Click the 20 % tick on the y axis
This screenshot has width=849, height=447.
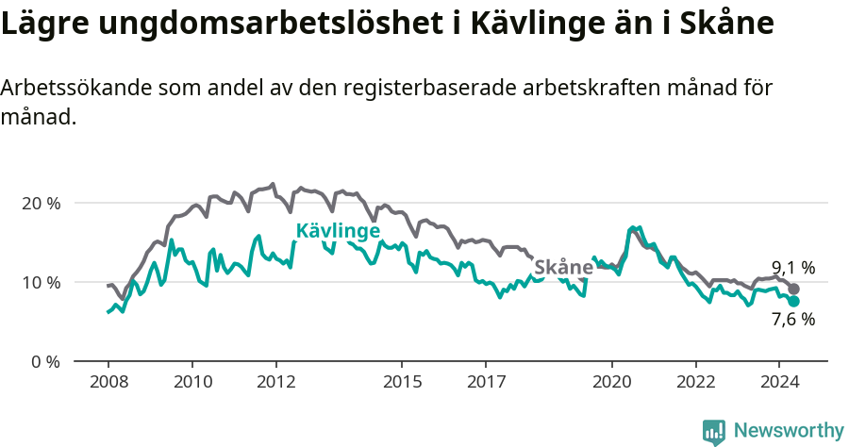click(x=40, y=203)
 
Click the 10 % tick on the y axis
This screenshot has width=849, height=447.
click(x=40, y=282)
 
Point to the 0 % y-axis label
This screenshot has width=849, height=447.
click(x=43, y=361)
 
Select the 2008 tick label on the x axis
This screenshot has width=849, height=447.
click(x=108, y=382)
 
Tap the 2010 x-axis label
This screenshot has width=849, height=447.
click(x=191, y=382)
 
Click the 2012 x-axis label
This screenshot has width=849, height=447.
click(x=275, y=382)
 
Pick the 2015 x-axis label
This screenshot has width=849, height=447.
click(x=402, y=382)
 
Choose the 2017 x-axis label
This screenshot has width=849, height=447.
click(x=486, y=382)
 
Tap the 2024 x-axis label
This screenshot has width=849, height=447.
click(x=779, y=382)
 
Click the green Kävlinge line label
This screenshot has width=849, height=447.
click(x=338, y=231)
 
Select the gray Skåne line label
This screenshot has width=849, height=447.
click(x=563, y=268)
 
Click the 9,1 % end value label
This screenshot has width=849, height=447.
click(x=792, y=267)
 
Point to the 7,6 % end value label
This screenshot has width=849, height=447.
click(x=792, y=320)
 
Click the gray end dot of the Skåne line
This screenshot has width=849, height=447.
click(x=794, y=290)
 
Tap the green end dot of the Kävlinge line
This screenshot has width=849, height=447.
click(x=794, y=301)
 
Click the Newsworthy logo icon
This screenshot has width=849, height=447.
click(x=714, y=432)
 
